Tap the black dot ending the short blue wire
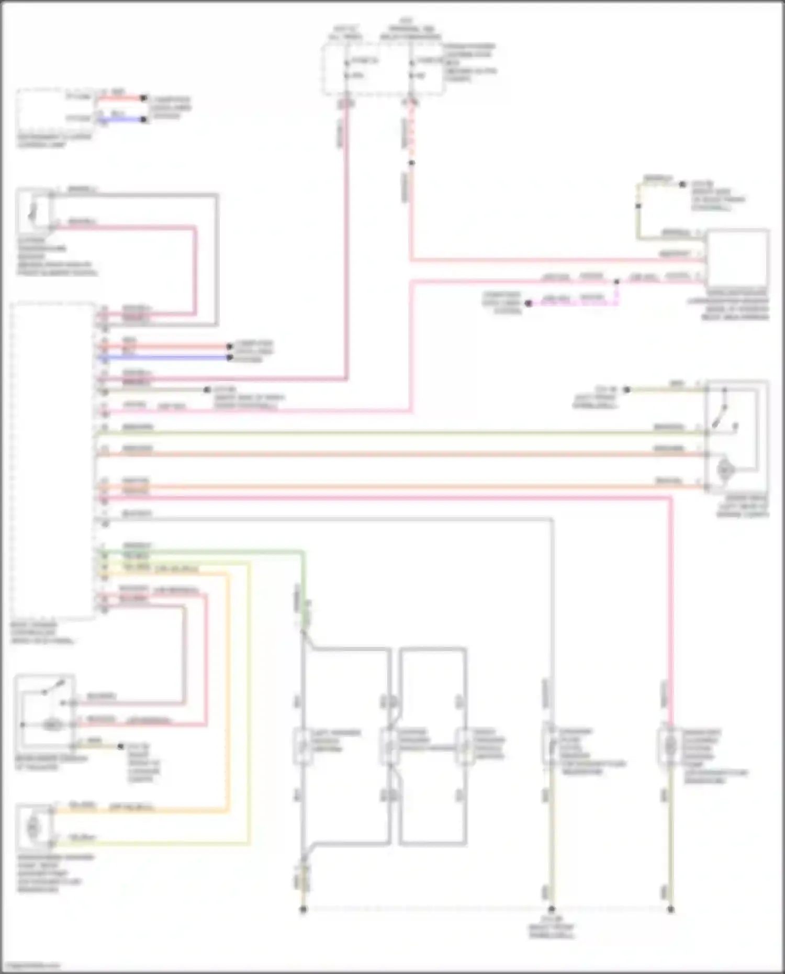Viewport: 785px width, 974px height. pyautogui.click(x=144, y=119)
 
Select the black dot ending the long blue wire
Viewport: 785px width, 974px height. pyautogui.click(x=229, y=357)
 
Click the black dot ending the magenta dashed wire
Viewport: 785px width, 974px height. pyautogui.click(x=529, y=303)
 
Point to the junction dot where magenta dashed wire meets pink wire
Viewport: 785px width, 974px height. pyautogui.click(x=616, y=282)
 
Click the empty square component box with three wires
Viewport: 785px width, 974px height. pyautogui.click(x=737, y=258)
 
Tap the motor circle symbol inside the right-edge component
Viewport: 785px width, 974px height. pyautogui.click(x=725, y=469)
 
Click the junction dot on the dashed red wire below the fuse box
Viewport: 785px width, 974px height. pyautogui.click(x=411, y=163)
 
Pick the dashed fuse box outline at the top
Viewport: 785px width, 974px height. pyautogui.click(x=383, y=69)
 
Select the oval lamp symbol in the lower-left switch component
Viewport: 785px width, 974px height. pyautogui.click(x=52, y=725)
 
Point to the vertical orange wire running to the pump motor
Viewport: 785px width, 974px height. pyautogui.click(x=228, y=691)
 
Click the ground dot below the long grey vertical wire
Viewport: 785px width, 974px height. pyautogui.click(x=551, y=909)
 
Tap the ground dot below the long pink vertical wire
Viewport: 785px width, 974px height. pyautogui.click(x=671, y=909)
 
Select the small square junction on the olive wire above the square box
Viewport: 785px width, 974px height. pyautogui.click(x=638, y=206)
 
